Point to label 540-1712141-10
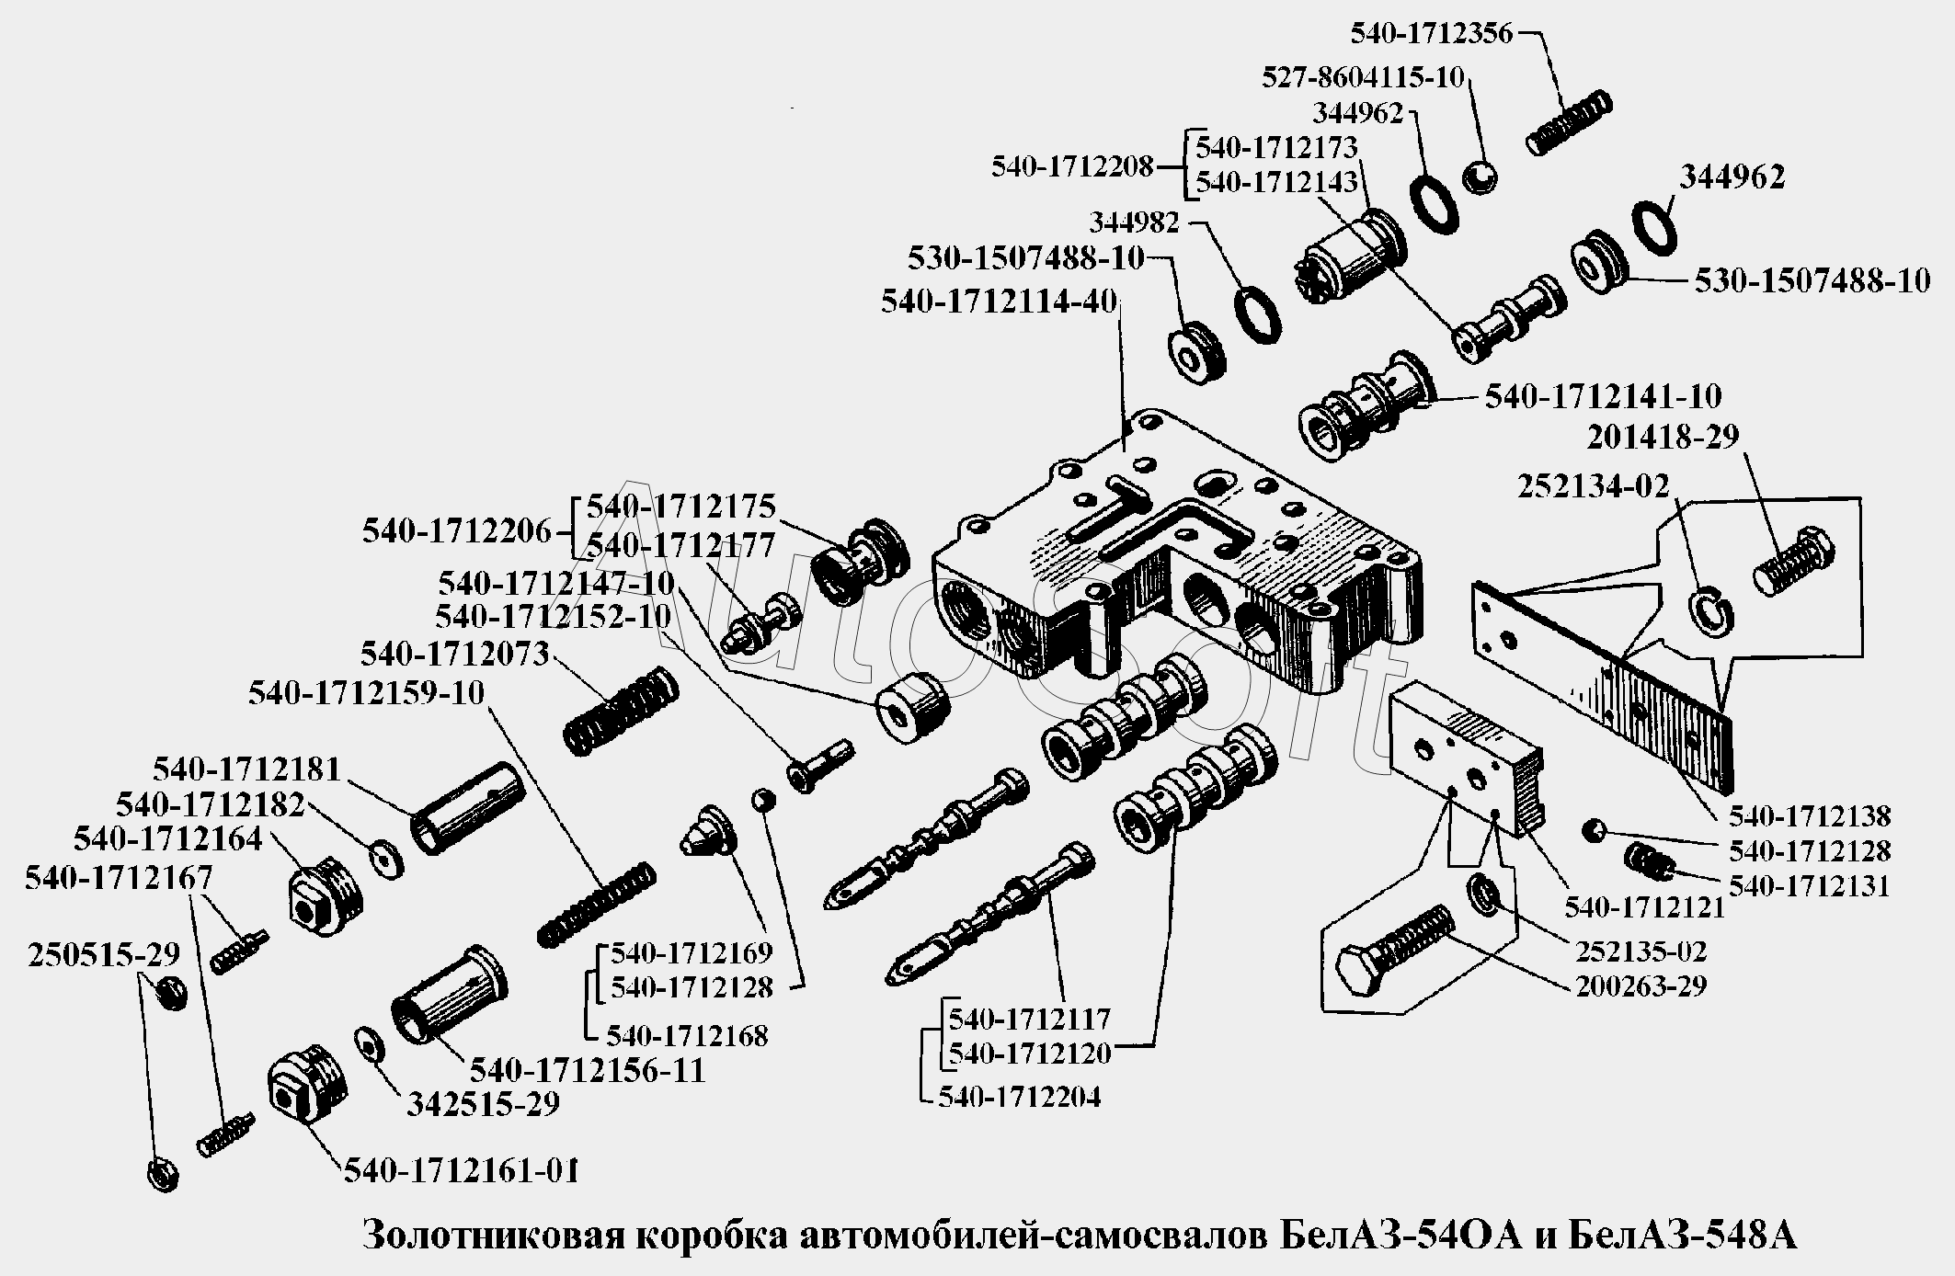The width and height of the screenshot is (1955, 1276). (1603, 396)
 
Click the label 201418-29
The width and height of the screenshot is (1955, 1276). (1663, 437)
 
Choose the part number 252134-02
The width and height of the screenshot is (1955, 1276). (1593, 485)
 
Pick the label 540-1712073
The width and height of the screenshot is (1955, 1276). (454, 654)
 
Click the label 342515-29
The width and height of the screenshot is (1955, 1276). (483, 1103)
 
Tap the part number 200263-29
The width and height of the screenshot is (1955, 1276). (1641, 986)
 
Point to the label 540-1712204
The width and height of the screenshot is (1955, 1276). (1019, 1097)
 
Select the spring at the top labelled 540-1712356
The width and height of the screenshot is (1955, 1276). (1569, 121)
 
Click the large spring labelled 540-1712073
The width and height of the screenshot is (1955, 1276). (621, 711)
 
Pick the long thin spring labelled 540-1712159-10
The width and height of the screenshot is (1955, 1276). (596, 905)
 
